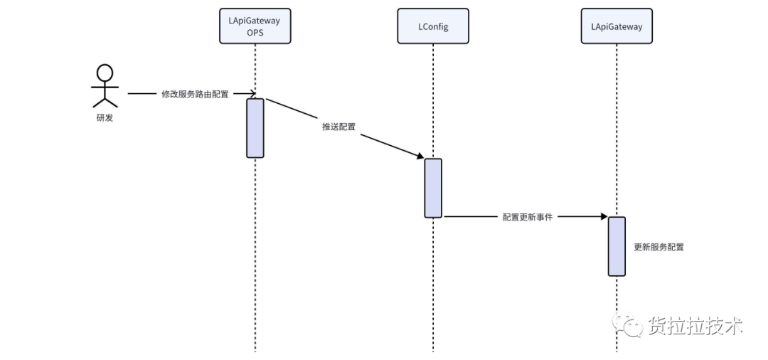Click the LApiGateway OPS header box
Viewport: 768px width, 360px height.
[255, 26]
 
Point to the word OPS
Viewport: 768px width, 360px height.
[255, 33]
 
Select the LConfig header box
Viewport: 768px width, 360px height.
[433, 26]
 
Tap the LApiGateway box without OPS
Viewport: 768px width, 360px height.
[617, 26]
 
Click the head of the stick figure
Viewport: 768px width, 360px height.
[105, 73]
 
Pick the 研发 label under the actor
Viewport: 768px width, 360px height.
[105, 117]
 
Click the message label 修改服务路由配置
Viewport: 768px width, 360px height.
[195, 94]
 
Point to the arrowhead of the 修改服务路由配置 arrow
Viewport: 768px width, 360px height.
[252, 93]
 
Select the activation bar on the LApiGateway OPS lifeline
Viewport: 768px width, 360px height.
[255, 128]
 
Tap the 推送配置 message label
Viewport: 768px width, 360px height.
[339, 127]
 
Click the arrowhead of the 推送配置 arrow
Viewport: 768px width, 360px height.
[420, 156]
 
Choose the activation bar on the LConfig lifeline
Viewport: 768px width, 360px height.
[433, 188]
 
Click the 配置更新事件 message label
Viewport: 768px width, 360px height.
[528, 217]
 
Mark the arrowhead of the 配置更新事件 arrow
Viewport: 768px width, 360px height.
[604, 216]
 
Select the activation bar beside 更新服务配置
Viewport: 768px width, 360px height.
[617, 246]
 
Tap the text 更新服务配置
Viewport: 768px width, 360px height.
[658, 248]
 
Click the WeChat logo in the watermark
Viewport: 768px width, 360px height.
[627, 324]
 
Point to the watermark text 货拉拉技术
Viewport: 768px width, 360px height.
[695, 325]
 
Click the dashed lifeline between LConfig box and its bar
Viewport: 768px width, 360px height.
[433, 102]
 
